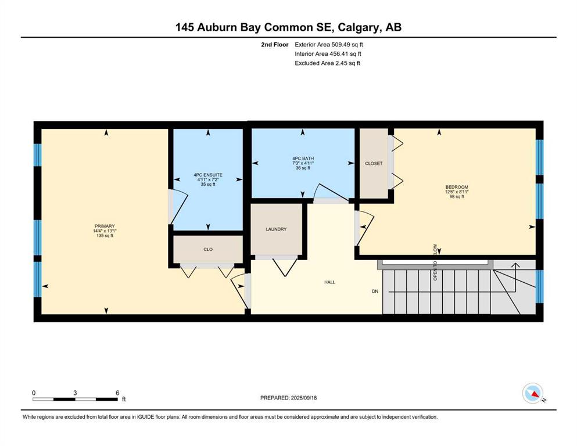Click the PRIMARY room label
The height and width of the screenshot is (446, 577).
pyautogui.click(x=105, y=226)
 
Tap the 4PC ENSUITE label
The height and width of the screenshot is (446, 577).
pyautogui.click(x=208, y=175)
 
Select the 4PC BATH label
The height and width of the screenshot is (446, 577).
pyautogui.click(x=303, y=159)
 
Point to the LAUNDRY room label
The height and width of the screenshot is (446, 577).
pyautogui.click(x=276, y=229)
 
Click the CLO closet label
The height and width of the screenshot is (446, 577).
pyautogui.click(x=208, y=249)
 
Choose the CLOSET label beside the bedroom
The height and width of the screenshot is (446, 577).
pyautogui.click(x=374, y=163)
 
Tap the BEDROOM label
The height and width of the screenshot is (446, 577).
pyautogui.click(x=457, y=187)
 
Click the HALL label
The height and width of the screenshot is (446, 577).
pyautogui.click(x=329, y=282)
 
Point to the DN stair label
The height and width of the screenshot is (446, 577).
pyautogui.click(x=375, y=291)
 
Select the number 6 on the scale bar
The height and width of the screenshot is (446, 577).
pyautogui.click(x=117, y=393)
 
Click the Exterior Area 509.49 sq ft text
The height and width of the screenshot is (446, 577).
pyautogui.click(x=329, y=45)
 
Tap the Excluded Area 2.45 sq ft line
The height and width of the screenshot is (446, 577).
pyautogui.click(x=327, y=63)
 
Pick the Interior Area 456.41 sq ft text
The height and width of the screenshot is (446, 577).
pyautogui.click(x=328, y=53)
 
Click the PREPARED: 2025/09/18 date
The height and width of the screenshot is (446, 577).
pyautogui.click(x=288, y=398)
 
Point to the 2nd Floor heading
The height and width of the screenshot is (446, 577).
pyautogui.click(x=274, y=45)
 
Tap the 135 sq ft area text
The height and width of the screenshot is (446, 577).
pyautogui.click(x=105, y=236)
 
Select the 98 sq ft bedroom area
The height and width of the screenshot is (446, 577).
pyautogui.click(x=457, y=197)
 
